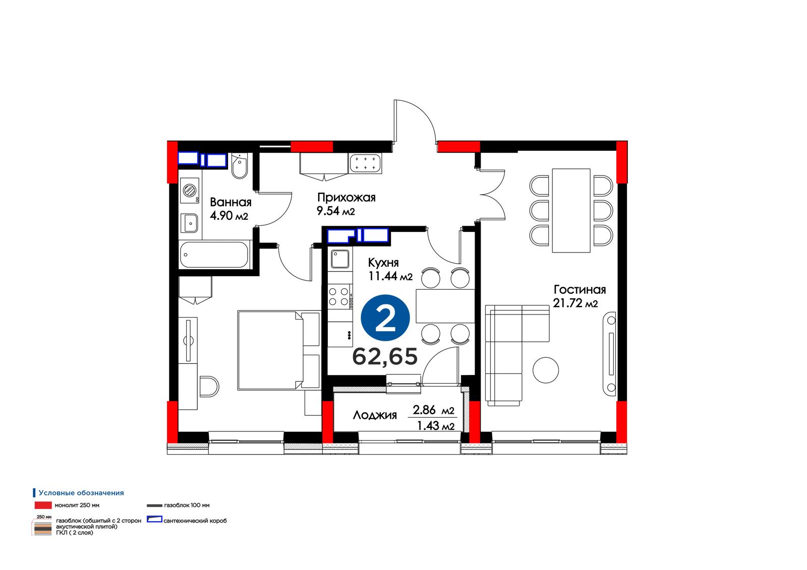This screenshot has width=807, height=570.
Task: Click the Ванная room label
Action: click(x=230, y=202)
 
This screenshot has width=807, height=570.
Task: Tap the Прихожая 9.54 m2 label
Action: click(x=346, y=204)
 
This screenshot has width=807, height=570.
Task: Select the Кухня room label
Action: click(x=383, y=263)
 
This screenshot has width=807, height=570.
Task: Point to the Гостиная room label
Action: click(x=580, y=289)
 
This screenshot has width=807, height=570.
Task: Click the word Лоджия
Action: click(x=375, y=415)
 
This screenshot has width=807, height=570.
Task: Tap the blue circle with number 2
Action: click(x=385, y=318)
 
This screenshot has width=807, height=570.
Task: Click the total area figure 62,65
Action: click(x=385, y=356)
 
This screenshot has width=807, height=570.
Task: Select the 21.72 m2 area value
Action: click(x=575, y=303)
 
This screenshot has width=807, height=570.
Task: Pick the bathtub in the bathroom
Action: click(x=214, y=255)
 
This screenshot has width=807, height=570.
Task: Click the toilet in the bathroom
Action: click(x=239, y=166)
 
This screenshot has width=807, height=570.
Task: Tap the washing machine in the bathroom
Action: click(x=190, y=191)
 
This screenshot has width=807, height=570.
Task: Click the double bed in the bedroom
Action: click(x=279, y=350)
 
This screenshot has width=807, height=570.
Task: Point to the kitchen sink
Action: click(x=340, y=259)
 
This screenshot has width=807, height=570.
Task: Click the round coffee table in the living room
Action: click(x=546, y=370)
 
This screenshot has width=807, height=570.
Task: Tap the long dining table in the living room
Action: click(x=571, y=211)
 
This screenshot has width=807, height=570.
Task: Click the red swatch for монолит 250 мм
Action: click(x=43, y=505)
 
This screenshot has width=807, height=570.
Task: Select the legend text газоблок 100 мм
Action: click(x=187, y=505)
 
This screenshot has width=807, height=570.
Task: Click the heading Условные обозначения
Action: click(x=81, y=493)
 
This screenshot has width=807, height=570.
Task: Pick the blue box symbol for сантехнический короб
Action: click(x=154, y=520)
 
